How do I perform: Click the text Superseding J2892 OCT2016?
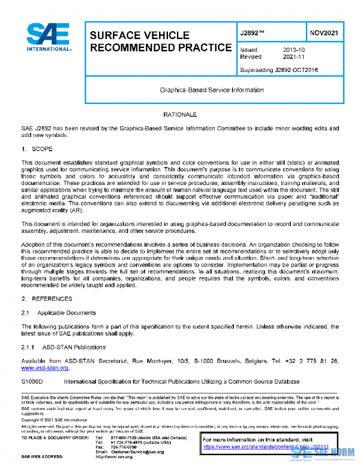278,70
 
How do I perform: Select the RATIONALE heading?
180,114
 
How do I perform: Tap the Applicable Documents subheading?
66,313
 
